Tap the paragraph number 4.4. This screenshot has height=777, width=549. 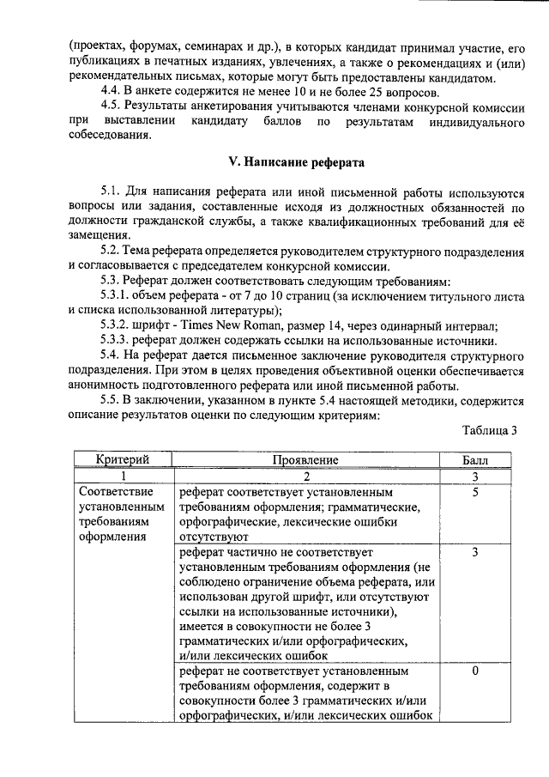[x=112, y=94]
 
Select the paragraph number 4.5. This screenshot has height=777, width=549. [x=112, y=108]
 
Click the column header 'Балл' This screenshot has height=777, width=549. [x=474, y=461]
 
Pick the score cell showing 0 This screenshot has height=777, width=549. [x=474, y=670]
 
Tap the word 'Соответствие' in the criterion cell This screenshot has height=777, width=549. [x=115, y=493]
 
